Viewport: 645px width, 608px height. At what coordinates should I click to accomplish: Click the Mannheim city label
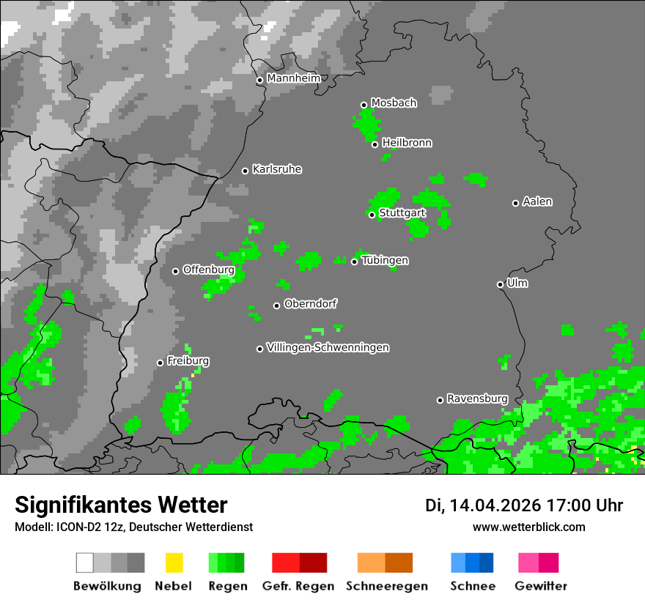click(293, 78)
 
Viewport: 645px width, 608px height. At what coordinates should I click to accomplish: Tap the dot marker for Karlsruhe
click(246, 171)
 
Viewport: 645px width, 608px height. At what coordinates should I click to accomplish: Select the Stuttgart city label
click(402, 213)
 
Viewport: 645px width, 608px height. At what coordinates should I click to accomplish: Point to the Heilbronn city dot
click(375, 144)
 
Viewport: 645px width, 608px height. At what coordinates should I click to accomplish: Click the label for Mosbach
click(394, 103)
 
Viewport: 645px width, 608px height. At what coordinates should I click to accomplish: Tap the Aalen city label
click(537, 201)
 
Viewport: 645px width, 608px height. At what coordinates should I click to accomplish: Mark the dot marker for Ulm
click(501, 284)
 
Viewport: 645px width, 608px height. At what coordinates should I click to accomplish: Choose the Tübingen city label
click(385, 260)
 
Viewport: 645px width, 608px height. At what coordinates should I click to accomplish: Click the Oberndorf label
click(311, 304)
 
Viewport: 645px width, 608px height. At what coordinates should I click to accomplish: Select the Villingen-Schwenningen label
click(328, 347)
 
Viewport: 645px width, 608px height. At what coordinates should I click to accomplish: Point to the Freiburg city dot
click(160, 363)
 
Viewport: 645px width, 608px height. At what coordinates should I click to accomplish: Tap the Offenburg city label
click(208, 270)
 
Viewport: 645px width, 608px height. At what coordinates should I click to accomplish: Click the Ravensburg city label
click(477, 398)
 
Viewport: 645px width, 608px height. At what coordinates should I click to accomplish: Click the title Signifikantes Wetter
click(121, 505)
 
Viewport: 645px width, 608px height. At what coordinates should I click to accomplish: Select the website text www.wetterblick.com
click(528, 527)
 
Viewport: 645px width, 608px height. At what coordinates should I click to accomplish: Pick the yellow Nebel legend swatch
click(174, 563)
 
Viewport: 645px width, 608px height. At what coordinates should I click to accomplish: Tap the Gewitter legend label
click(541, 586)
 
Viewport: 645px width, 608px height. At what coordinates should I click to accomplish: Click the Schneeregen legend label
click(387, 586)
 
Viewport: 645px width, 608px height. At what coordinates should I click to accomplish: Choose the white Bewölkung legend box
click(85, 563)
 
